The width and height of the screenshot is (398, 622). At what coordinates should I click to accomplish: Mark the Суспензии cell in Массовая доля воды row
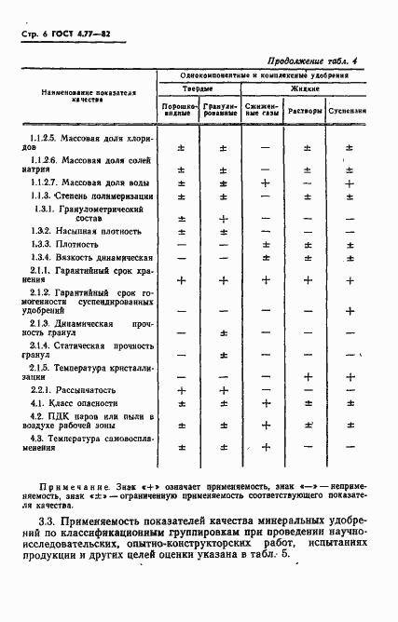click(349, 183)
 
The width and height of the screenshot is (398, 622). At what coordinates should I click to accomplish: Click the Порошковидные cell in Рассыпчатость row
click(182, 389)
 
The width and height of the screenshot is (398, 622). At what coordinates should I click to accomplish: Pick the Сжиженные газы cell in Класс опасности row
click(265, 403)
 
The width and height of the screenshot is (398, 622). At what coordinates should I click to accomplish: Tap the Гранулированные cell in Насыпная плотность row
click(223, 229)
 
